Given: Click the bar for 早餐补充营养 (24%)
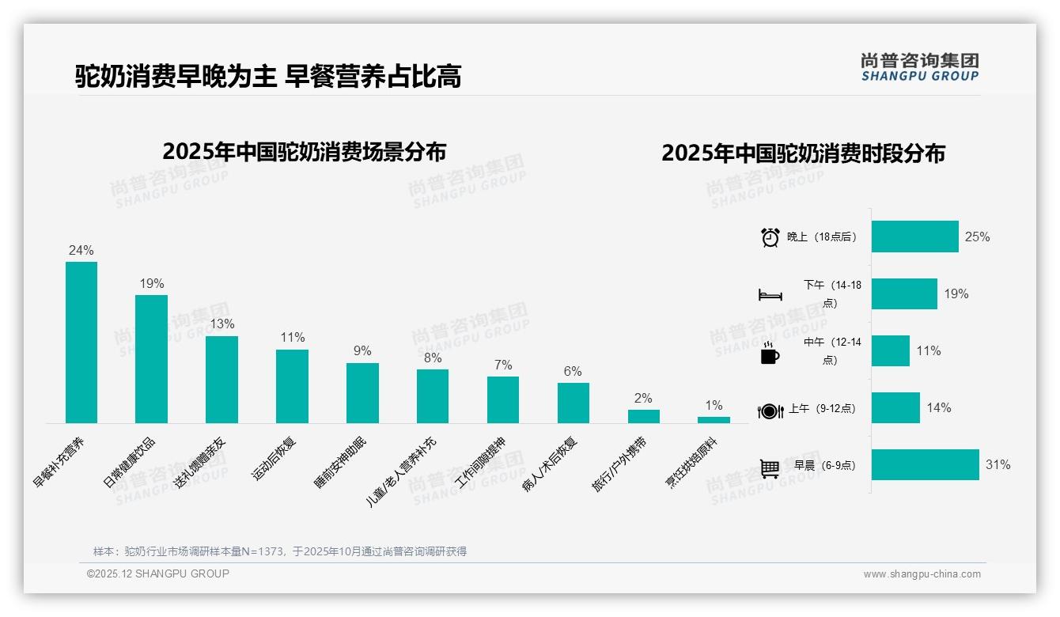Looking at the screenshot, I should click(81, 343).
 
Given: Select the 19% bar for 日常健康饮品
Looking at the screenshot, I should click(151, 359).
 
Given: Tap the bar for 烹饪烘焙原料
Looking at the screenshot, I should click(714, 420).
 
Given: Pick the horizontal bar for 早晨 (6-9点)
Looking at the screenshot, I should click(926, 465).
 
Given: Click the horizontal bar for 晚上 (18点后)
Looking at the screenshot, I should click(915, 237).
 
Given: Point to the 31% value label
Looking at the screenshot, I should click(998, 465).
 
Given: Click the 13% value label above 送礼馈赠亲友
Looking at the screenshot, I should click(221, 324).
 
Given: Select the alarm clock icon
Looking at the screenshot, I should click(770, 237).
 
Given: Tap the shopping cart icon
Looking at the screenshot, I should click(770, 468).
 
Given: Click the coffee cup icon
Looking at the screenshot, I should click(770, 354).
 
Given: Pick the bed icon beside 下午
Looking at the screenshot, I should click(770, 295).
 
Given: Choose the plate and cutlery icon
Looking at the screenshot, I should click(770, 411).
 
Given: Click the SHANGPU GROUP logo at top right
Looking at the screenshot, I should click(919, 67).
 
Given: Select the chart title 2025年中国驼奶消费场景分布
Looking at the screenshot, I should click(305, 152).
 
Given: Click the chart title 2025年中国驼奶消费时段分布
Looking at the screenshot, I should click(803, 153).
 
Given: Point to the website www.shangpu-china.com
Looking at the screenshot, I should click(922, 574).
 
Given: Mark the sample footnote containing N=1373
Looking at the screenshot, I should click(280, 551).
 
